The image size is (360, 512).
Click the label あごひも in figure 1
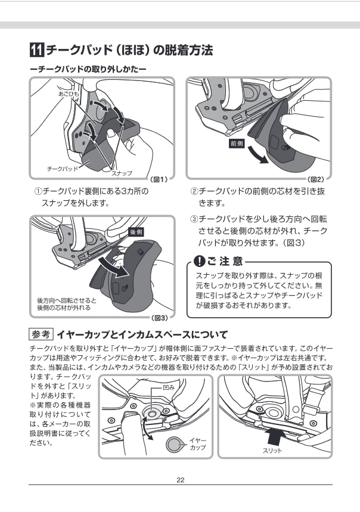point(68,94)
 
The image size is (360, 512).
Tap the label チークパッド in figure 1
point(62,169)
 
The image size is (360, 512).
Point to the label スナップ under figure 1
point(122,173)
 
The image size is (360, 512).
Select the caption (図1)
point(159,179)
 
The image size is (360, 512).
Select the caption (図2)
point(315,179)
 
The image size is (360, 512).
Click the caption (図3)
point(159,318)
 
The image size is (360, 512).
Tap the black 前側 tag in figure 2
point(237,144)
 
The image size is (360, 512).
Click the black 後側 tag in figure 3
point(135,232)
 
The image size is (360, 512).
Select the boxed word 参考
point(41,334)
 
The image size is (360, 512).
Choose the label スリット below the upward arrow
point(272,451)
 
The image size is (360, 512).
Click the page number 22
point(180,481)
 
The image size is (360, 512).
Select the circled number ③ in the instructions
point(194,219)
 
